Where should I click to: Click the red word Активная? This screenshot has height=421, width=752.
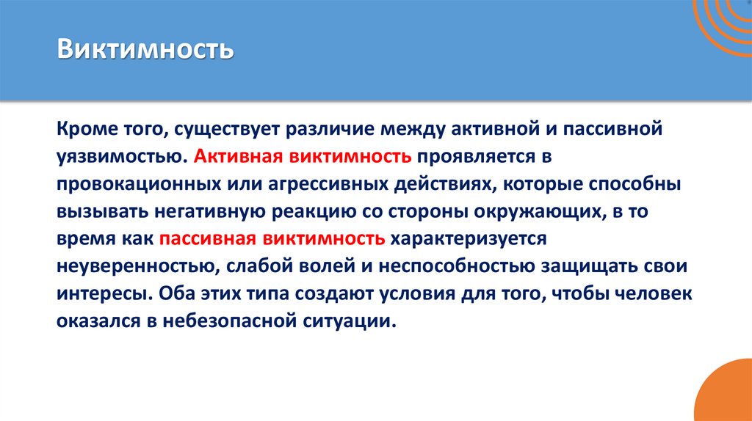tap(239, 155)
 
